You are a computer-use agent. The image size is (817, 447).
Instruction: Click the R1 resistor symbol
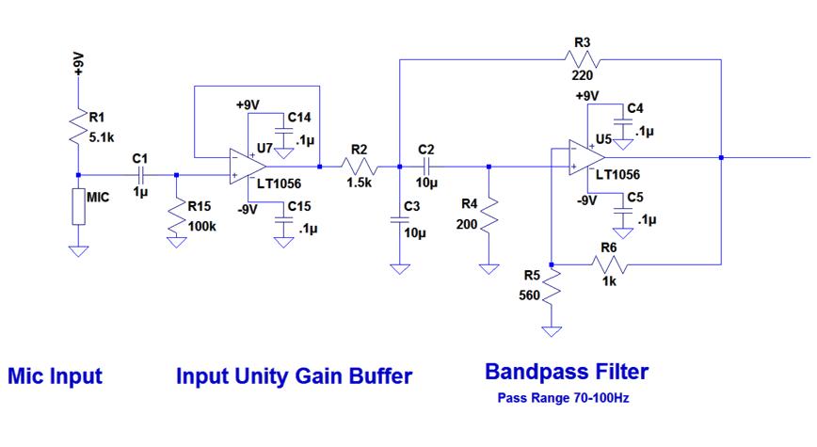tap(77, 126)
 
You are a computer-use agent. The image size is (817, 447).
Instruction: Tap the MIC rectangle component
tap(78, 207)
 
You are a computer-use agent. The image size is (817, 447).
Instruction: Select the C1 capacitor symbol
tap(140, 175)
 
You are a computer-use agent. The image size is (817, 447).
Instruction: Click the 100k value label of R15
tap(201, 226)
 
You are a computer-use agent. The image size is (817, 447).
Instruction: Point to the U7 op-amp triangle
tap(248, 167)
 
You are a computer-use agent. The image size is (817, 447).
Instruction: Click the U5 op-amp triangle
tap(586, 157)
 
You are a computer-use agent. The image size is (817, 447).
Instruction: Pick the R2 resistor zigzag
tap(359, 167)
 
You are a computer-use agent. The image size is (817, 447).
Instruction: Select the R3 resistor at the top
tap(582, 59)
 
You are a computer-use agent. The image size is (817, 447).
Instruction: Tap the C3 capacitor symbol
tap(400, 220)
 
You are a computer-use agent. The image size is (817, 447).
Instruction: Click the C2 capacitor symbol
tap(426, 167)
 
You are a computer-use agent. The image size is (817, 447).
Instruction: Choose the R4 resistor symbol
tap(489, 216)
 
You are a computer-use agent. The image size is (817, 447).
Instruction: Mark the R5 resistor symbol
tap(552, 286)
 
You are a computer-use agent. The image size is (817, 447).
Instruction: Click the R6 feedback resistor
tap(609, 264)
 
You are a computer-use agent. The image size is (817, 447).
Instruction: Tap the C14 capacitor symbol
tap(283, 131)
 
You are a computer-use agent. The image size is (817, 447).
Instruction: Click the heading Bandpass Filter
tap(567, 372)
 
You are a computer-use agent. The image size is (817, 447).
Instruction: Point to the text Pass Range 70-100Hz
tap(563, 399)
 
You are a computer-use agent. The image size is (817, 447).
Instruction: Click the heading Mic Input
tap(56, 376)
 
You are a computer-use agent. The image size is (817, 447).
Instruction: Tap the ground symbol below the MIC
tap(78, 251)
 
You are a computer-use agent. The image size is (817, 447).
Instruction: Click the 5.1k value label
tap(102, 138)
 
